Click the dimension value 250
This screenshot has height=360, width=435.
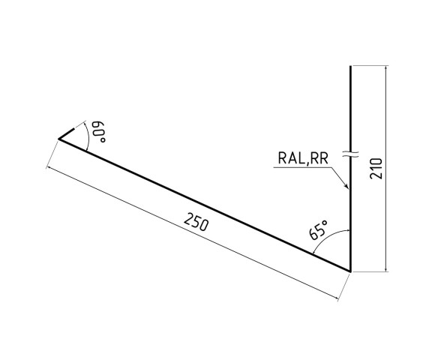[196, 223]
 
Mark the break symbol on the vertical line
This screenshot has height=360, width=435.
[350, 154]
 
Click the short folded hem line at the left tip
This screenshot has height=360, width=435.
[66, 132]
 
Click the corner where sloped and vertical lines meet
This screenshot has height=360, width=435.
[350, 270]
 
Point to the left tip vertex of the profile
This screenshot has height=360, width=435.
[58, 139]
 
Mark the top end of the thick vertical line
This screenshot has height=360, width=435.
[350, 67]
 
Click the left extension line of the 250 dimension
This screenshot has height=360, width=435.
[52, 154]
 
